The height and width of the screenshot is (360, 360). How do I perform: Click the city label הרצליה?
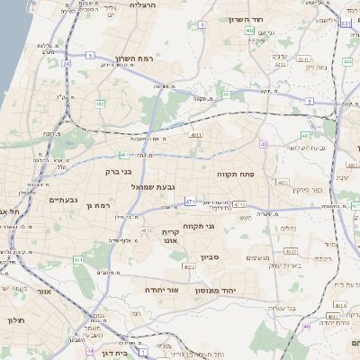[x=142, y=5]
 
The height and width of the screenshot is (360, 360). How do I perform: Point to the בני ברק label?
[x=119, y=169]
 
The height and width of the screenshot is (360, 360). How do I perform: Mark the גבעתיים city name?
[x=64, y=200]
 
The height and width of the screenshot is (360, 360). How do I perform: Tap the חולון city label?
[x=15, y=320]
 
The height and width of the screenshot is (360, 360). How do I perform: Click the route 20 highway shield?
[x=66, y=63]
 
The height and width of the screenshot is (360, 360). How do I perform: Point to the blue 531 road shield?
[x=346, y=23]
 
